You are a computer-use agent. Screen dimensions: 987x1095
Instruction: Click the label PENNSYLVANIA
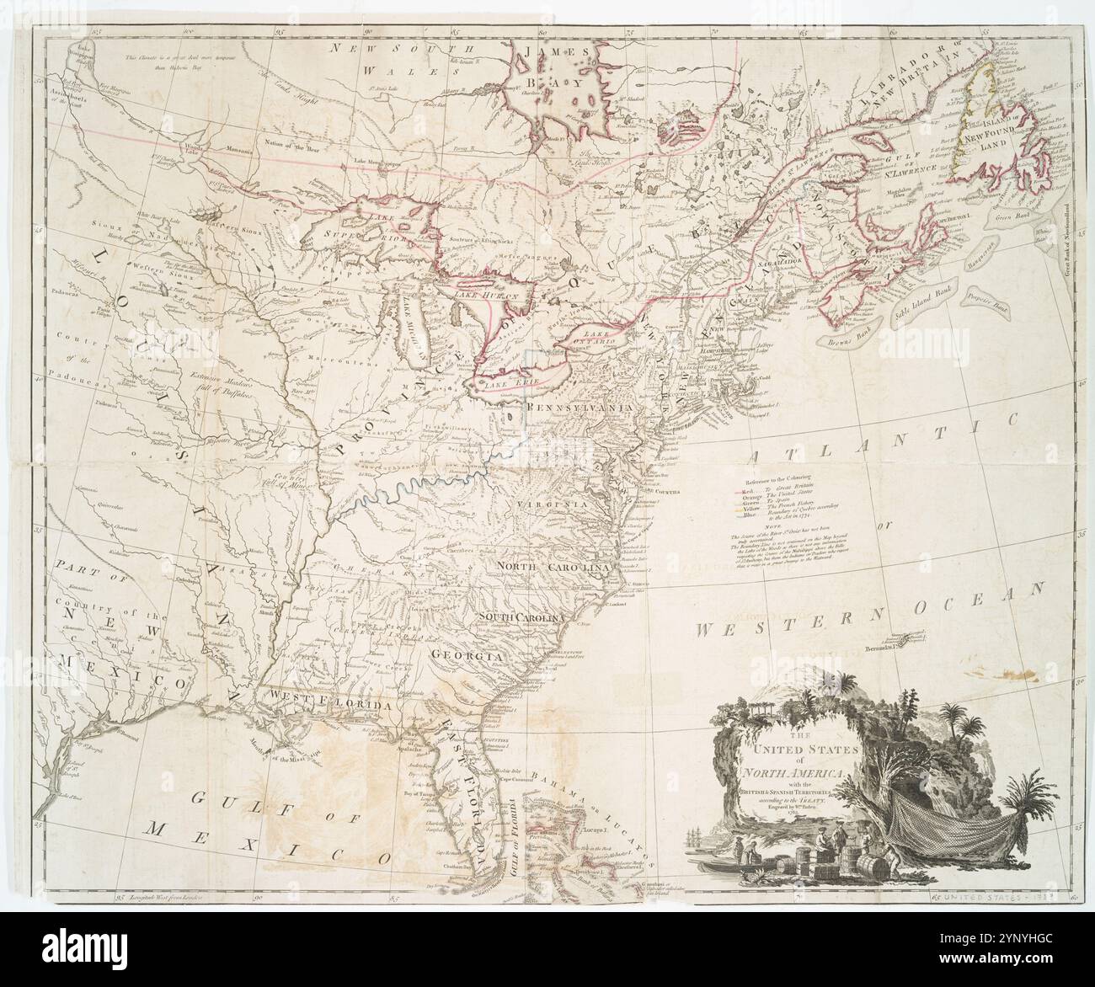click(x=578, y=407)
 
